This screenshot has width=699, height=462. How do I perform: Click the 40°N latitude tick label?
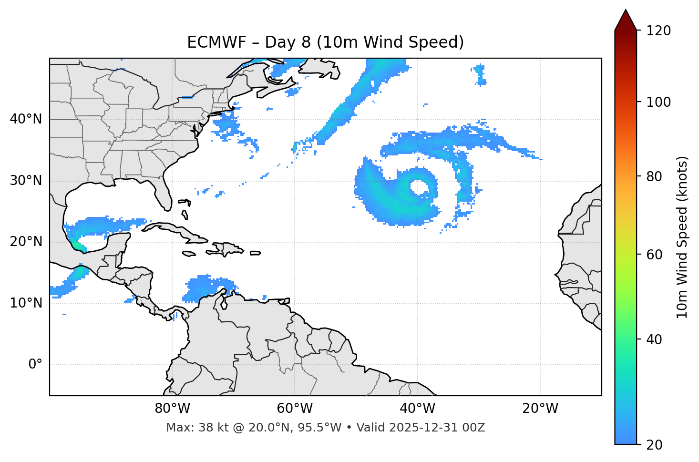click(x=26, y=119)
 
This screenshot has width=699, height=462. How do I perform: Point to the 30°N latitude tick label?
click(x=26, y=181)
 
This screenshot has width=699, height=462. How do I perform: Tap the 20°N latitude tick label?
click(x=26, y=242)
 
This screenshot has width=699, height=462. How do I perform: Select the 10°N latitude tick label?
click(x=26, y=303)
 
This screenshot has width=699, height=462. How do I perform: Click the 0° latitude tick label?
click(x=35, y=365)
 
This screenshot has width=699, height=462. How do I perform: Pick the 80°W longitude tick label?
click(x=172, y=409)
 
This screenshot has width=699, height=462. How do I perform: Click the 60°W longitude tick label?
click(x=295, y=409)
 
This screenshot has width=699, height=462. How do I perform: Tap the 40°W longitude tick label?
click(x=417, y=409)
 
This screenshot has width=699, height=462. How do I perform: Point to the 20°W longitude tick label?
click(x=540, y=409)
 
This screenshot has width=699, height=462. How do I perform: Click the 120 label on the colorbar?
click(x=658, y=31)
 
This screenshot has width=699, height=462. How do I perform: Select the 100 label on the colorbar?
click(x=658, y=102)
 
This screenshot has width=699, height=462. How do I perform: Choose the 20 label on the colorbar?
click(x=656, y=445)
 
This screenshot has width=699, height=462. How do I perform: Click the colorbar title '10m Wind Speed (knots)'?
click(x=682, y=237)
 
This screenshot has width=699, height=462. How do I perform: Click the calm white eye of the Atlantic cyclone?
click(x=419, y=187)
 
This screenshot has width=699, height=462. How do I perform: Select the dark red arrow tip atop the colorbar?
click(x=626, y=20)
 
